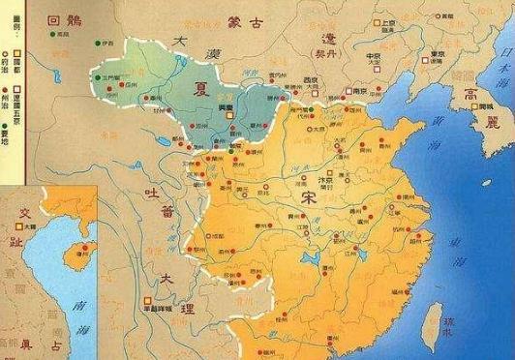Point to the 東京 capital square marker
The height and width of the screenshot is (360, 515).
427,55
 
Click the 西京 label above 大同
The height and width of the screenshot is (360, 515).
311,79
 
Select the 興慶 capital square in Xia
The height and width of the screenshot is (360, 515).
228,114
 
